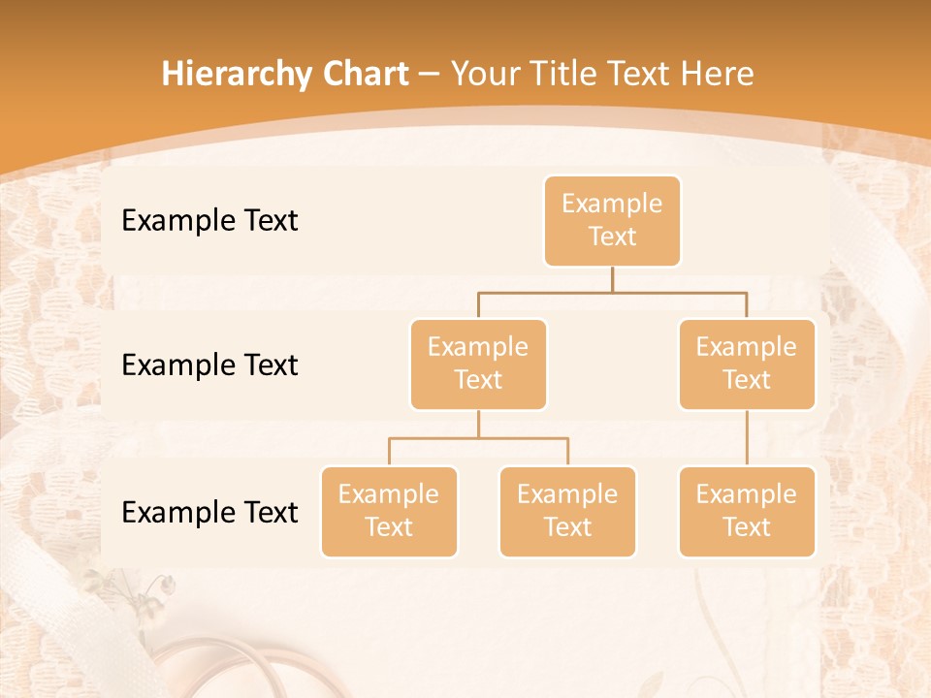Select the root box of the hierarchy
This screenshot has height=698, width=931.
tap(612, 221)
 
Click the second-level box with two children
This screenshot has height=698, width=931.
tap(478, 365)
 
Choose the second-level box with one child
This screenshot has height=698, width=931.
tap(747, 365)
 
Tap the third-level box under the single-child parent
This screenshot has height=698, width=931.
tap(747, 512)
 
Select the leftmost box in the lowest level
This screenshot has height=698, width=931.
tap(389, 512)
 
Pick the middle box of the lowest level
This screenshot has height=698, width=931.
tap(567, 512)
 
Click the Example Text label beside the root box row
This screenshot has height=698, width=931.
tap(209, 221)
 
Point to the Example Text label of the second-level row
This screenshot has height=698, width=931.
tap(209, 365)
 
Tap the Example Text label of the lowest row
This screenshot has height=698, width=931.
tap(209, 513)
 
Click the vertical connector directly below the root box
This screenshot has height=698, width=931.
tap(612, 279)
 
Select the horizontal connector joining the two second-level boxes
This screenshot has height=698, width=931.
tap(612, 292)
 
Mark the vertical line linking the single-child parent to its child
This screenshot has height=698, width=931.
tap(747, 438)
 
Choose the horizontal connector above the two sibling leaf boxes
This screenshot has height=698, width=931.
tap(478, 438)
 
